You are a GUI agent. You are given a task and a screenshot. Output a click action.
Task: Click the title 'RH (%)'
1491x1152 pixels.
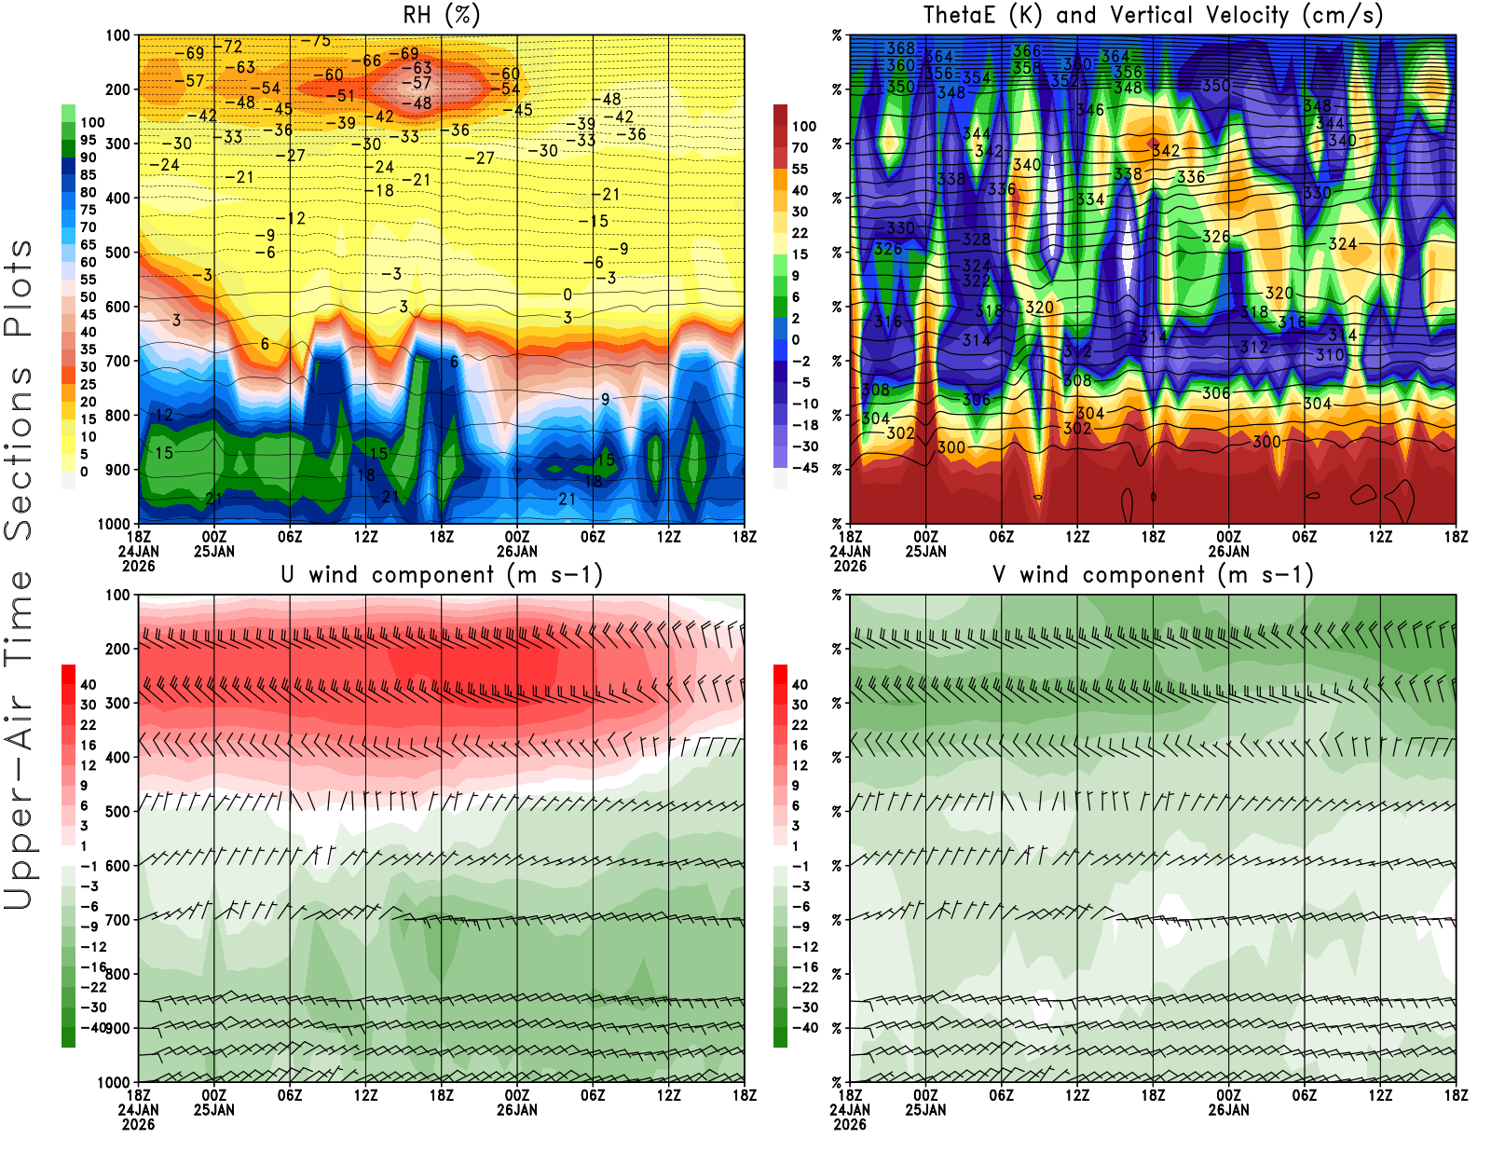pos(441,15)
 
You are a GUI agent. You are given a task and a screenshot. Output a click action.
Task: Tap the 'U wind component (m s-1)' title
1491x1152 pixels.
pos(442,575)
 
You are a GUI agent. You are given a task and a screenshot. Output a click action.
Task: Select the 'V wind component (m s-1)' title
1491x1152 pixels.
pos(1153,575)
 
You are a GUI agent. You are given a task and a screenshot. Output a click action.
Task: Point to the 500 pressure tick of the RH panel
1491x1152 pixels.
pos(118,253)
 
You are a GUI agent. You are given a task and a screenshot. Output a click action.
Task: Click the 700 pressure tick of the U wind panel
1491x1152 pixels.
pos(118,920)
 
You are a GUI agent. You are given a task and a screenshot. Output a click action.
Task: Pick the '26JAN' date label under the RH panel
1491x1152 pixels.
pos(517,551)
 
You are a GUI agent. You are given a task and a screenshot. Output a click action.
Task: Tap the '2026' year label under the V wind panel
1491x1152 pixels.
pos(850,1124)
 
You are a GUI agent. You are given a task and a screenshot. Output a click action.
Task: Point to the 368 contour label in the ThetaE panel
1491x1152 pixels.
pos(900,48)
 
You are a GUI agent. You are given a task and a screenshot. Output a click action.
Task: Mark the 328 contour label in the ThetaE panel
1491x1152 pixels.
pos(976,240)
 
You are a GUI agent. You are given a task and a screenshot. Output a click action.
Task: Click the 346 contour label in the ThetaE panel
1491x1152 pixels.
pos(1089,110)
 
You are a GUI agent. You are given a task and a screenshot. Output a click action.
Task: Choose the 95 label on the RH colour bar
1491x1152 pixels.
pos(89,140)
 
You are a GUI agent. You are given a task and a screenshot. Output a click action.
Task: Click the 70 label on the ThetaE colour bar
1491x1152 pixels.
pos(800,147)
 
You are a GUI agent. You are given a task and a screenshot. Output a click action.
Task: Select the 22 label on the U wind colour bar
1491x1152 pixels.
pos(89,725)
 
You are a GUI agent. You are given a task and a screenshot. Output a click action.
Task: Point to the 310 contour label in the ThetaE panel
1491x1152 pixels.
pos(1330,355)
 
